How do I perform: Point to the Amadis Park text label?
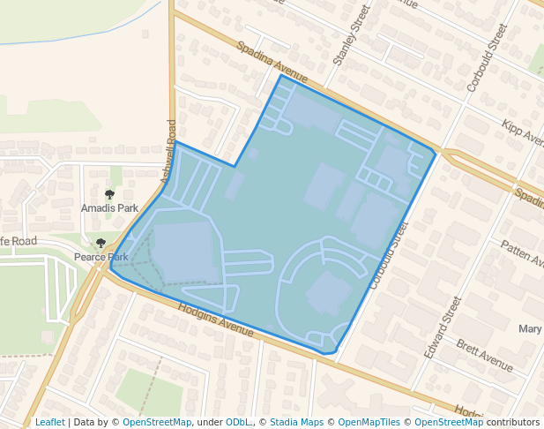(109, 208)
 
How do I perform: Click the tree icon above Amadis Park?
(109, 194)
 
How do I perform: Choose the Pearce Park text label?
(101, 257)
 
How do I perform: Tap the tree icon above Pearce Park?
(101, 243)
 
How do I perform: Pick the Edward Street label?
(443, 327)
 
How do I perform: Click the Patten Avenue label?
(522, 253)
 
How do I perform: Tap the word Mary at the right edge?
(530, 329)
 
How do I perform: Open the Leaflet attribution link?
(49, 422)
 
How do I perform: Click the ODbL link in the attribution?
(239, 422)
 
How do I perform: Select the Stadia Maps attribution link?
(296, 422)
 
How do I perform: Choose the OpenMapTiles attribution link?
(369, 422)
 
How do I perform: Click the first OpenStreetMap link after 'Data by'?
(157, 422)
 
